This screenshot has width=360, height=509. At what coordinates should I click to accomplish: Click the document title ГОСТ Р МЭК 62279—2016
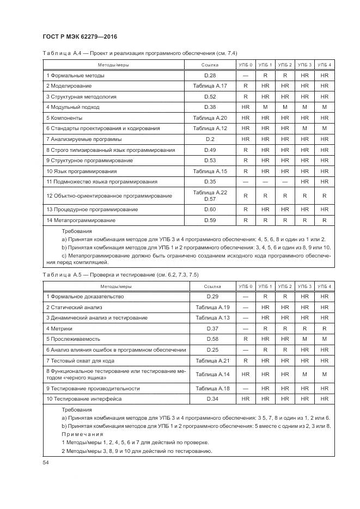pyautogui.click(x=80, y=37)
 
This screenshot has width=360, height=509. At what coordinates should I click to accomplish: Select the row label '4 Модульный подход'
pyautogui.click(x=73, y=107)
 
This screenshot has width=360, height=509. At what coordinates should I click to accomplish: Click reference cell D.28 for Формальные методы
pyautogui.click(x=210, y=76)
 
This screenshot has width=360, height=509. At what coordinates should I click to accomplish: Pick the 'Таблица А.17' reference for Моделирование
pyautogui.click(x=210, y=86)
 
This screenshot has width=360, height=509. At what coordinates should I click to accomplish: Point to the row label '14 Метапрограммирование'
pyautogui.click(x=81, y=220)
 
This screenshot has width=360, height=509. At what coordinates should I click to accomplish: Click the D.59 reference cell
pyautogui.click(x=210, y=220)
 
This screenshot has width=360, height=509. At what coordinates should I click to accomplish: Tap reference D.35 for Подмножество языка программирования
pyautogui.click(x=210, y=181)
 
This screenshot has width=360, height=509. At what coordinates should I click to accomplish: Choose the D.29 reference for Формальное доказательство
pyautogui.click(x=212, y=297)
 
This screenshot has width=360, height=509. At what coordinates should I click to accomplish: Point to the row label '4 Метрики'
pyautogui.click(x=59, y=328)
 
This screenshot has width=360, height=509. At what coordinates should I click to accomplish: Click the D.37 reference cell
pyautogui.click(x=212, y=328)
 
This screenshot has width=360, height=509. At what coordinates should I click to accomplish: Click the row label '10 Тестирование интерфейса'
pyautogui.click(x=83, y=399)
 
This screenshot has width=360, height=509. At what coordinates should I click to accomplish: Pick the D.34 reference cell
pyautogui.click(x=212, y=399)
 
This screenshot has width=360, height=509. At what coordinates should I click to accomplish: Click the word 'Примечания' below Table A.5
pyautogui.click(x=82, y=434)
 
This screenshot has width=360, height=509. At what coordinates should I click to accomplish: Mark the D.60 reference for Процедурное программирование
pyautogui.click(x=210, y=210)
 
